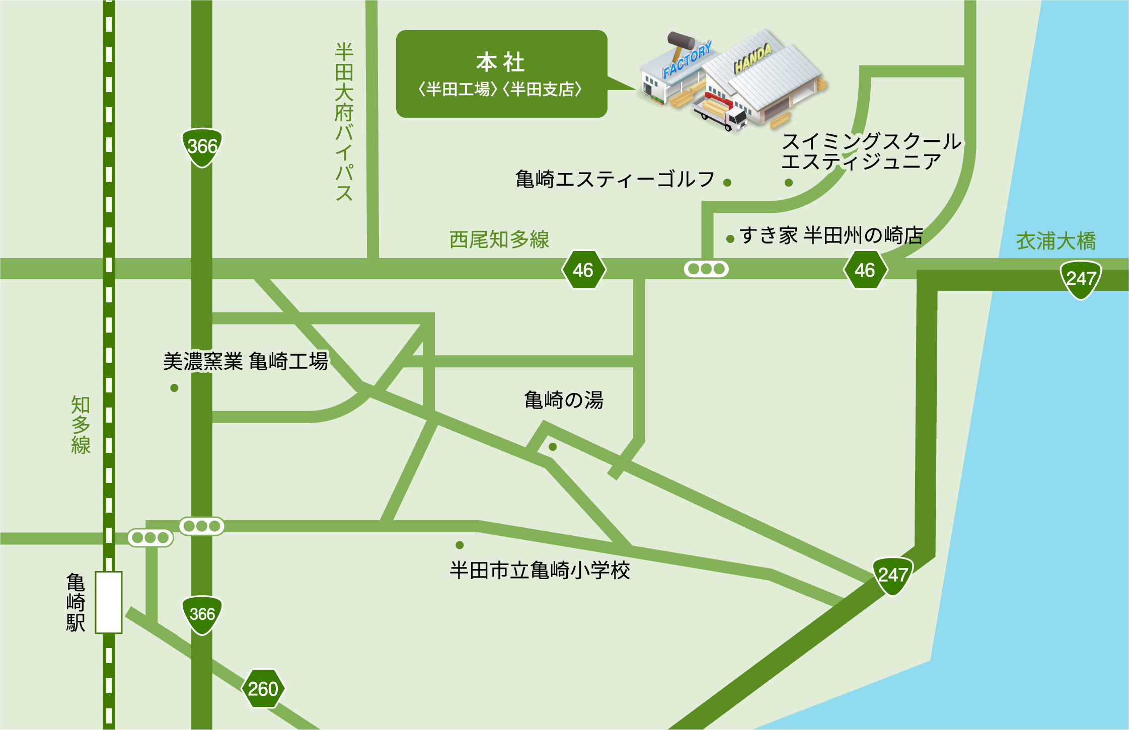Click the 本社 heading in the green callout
501,63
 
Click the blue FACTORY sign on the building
687,60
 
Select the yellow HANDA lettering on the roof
752,58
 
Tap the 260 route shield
263,689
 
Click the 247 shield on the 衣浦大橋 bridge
1081,279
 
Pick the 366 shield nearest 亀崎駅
202,614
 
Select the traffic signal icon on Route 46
706,269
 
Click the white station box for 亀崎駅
109,602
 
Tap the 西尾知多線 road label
499,240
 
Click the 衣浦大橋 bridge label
1056,241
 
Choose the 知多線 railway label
81,425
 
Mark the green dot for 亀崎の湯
553,447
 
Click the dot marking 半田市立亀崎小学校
460,545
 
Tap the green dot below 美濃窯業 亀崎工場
174,388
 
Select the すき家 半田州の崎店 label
831,235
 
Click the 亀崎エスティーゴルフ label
615,179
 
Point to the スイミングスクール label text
871,142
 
